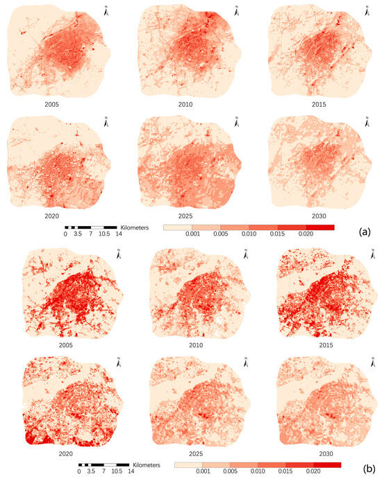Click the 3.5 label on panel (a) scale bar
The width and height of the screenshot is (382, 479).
click(78, 234)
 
